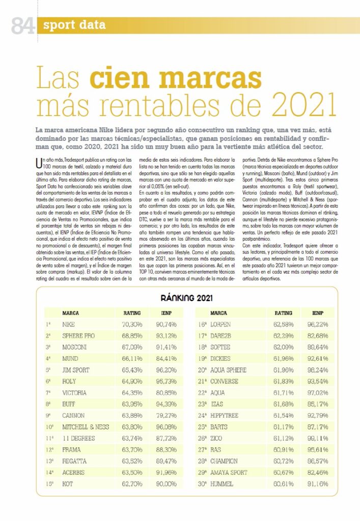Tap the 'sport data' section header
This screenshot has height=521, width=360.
point(74,25)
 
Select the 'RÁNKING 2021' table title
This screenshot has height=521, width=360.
point(186,298)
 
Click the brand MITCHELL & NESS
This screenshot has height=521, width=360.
point(86,427)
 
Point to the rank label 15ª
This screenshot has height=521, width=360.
point(49,484)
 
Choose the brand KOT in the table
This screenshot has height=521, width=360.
point(67,484)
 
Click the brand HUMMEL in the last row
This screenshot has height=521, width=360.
point(224,484)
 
